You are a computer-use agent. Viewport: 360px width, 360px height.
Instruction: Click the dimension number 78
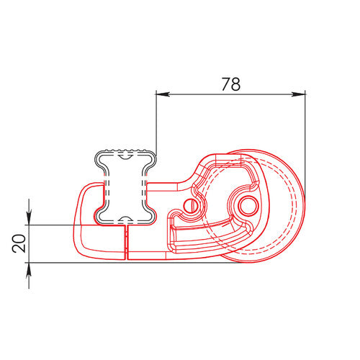tap(230, 84)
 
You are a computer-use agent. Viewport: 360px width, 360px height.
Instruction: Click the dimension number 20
tap(19, 244)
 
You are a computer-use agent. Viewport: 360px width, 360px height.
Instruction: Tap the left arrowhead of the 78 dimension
tap(161, 94)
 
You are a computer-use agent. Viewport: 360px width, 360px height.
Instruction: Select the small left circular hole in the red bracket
tap(191, 205)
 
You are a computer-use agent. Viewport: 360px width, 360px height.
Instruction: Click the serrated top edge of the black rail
tap(125, 153)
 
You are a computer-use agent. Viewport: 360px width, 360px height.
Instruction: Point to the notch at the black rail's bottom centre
tap(125, 217)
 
